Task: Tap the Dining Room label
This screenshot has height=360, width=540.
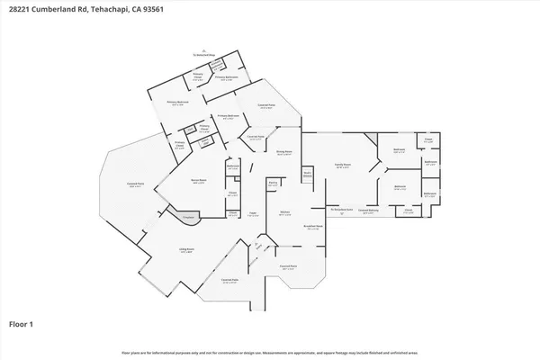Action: tap(284, 153)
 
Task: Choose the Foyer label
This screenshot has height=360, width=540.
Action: tap(254, 213)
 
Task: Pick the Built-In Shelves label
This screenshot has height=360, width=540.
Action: tap(307, 174)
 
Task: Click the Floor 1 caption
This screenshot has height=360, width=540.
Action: tap(22, 323)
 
